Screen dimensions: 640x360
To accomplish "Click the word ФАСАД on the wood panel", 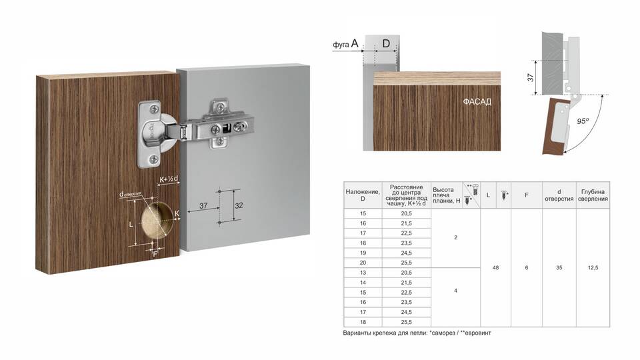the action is (477, 101).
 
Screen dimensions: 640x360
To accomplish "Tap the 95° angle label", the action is (583, 121).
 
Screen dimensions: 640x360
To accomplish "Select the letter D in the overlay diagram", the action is (386, 43).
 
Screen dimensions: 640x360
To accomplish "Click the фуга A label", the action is (345, 43).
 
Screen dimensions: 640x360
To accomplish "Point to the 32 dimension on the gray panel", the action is (239, 205).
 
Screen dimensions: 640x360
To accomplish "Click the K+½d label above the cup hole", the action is (169, 179).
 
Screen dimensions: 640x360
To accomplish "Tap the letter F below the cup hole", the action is (155, 254).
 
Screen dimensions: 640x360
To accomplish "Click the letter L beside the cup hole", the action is (131, 225).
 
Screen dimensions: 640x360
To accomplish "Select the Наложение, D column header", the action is (363, 195).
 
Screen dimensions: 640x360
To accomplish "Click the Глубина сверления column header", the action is (593, 195).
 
